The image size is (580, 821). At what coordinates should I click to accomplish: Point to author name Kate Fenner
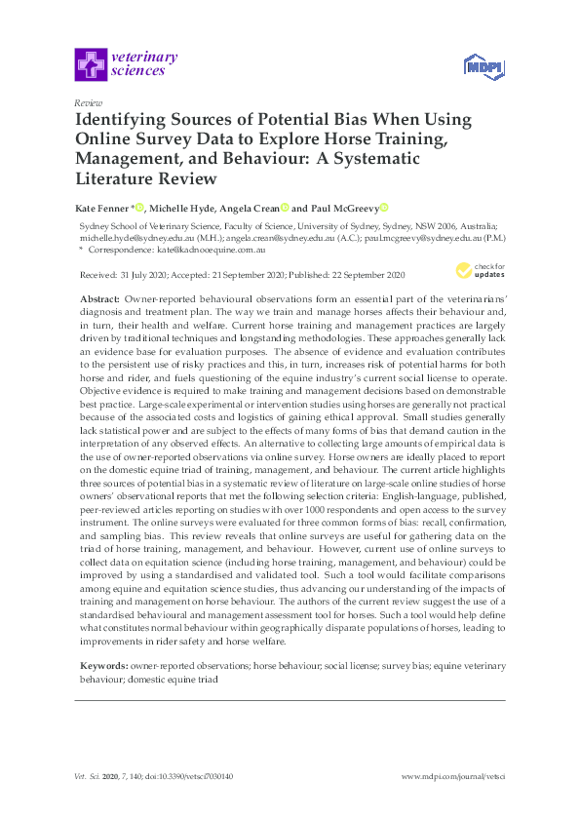tap(101, 208)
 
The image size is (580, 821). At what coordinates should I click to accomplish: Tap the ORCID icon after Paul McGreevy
tap(384, 208)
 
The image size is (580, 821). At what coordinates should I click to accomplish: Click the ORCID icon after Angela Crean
tap(285, 208)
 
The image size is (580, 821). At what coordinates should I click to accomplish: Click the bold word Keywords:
tap(102, 665)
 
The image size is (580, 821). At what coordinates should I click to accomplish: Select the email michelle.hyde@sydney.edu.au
tap(121, 237)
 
